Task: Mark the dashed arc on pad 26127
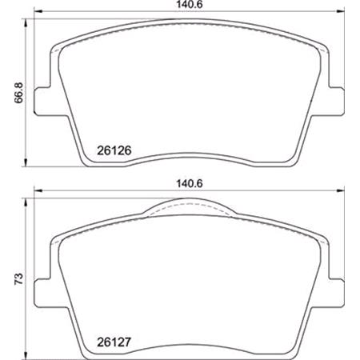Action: (192, 210)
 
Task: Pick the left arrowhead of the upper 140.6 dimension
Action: (36, 14)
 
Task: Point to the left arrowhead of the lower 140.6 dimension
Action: (36, 191)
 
